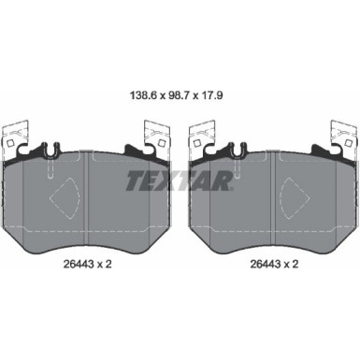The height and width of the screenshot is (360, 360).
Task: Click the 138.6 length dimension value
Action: pyautogui.click(x=144, y=95)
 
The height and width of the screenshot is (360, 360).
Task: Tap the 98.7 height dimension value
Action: pyautogui.click(x=179, y=95)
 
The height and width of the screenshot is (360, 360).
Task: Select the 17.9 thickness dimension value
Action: pyautogui.click(x=211, y=95)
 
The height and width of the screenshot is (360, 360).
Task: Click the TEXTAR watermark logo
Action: pyautogui.click(x=180, y=180)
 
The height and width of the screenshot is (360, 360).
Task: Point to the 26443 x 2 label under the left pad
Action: pyautogui.click(x=87, y=264)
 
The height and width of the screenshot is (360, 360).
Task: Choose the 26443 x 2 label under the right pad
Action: pyautogui.click(x=274, y=264)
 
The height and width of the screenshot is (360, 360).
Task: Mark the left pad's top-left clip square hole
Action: pyautogui.click(x=9, y=143)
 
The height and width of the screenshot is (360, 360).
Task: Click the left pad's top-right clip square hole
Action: pyautogui.click(x=161, y=143)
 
